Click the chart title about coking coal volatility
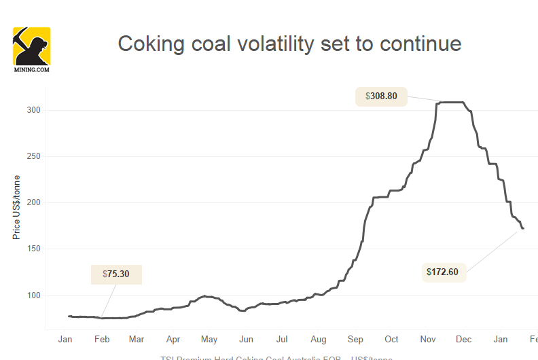point(289,44)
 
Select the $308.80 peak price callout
point(381,96)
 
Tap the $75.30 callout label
point(116,274)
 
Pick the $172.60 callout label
point(443,272)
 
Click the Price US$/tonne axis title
point(16,206)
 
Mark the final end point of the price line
point(523,228)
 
